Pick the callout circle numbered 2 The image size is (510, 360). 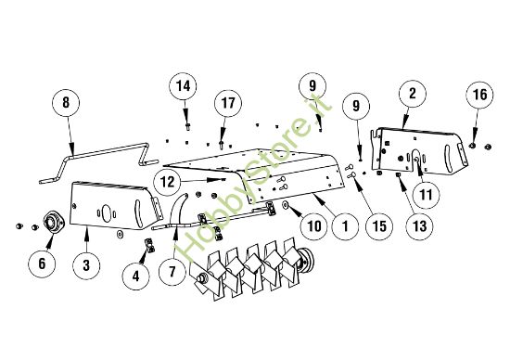click(x=411, y=93)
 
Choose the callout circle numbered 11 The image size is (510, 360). click(x=427, y=196)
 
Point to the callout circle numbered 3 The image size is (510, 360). click(x=86, y=265)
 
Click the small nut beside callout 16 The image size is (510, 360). click(x=474, y=145)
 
